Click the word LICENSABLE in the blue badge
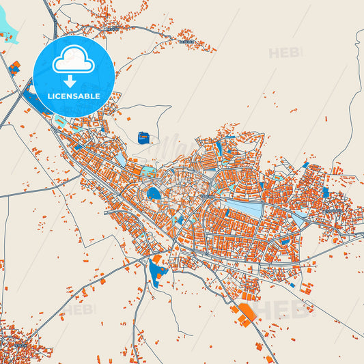point(74,96)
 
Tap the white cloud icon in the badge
point(73,62)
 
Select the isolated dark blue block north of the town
point(143,138)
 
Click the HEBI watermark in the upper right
point(285,53)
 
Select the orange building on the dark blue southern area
point(156,261)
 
